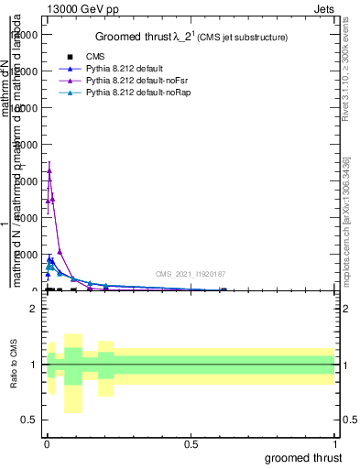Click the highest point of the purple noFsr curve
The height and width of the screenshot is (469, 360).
coord(49,170)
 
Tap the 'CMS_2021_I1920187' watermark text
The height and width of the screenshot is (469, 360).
coord(190,273)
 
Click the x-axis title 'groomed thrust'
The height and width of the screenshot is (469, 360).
coord(303,457)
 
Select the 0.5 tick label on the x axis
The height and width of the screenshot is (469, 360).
coord(191,442)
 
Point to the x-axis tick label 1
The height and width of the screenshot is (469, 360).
coord(334,442)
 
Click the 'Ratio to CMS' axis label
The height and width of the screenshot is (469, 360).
coord(15,365)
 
